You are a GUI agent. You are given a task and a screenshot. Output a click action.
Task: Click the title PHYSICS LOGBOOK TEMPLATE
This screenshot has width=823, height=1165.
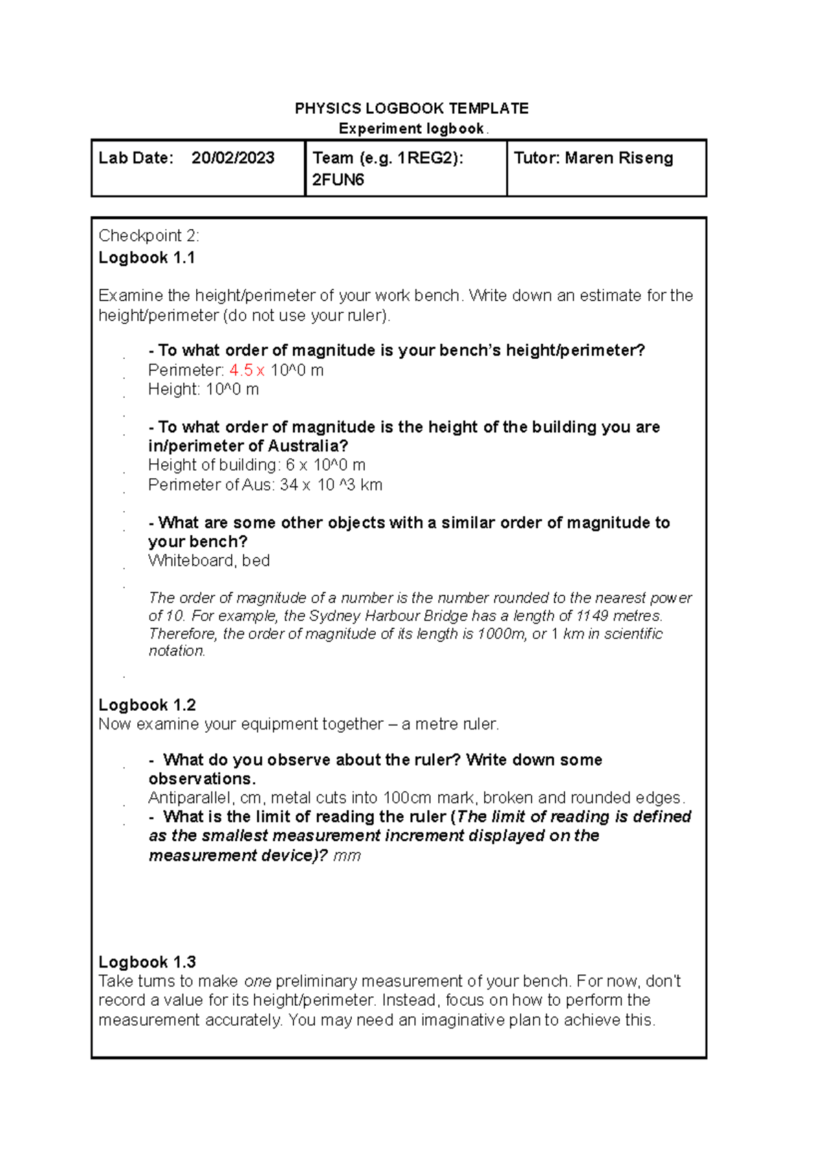point(411,108)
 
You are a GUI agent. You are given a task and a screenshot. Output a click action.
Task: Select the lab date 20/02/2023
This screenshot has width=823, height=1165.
point(232,158)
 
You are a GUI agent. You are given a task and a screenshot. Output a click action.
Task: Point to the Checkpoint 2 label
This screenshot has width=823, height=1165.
point(149,236)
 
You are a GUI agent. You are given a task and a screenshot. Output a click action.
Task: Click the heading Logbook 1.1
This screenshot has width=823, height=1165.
point(147,258)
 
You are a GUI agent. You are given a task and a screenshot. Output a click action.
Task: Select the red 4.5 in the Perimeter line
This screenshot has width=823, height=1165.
point(241,370)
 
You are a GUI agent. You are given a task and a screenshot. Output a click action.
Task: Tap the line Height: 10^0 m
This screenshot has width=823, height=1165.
point(203,390)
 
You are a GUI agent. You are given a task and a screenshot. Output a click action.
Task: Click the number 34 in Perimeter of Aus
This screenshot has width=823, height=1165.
point(289,485)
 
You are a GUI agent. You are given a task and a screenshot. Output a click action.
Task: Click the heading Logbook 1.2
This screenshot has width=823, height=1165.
point(147,705)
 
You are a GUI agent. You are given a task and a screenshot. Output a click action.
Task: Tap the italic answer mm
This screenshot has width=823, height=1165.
point(346,856)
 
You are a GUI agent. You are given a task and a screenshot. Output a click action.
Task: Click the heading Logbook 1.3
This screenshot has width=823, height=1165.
point(147,962)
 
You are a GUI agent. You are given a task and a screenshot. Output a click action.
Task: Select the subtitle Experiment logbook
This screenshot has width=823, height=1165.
point(411,129)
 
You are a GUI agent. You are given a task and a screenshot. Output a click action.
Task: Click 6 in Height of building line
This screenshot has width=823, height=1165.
point(290,465)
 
